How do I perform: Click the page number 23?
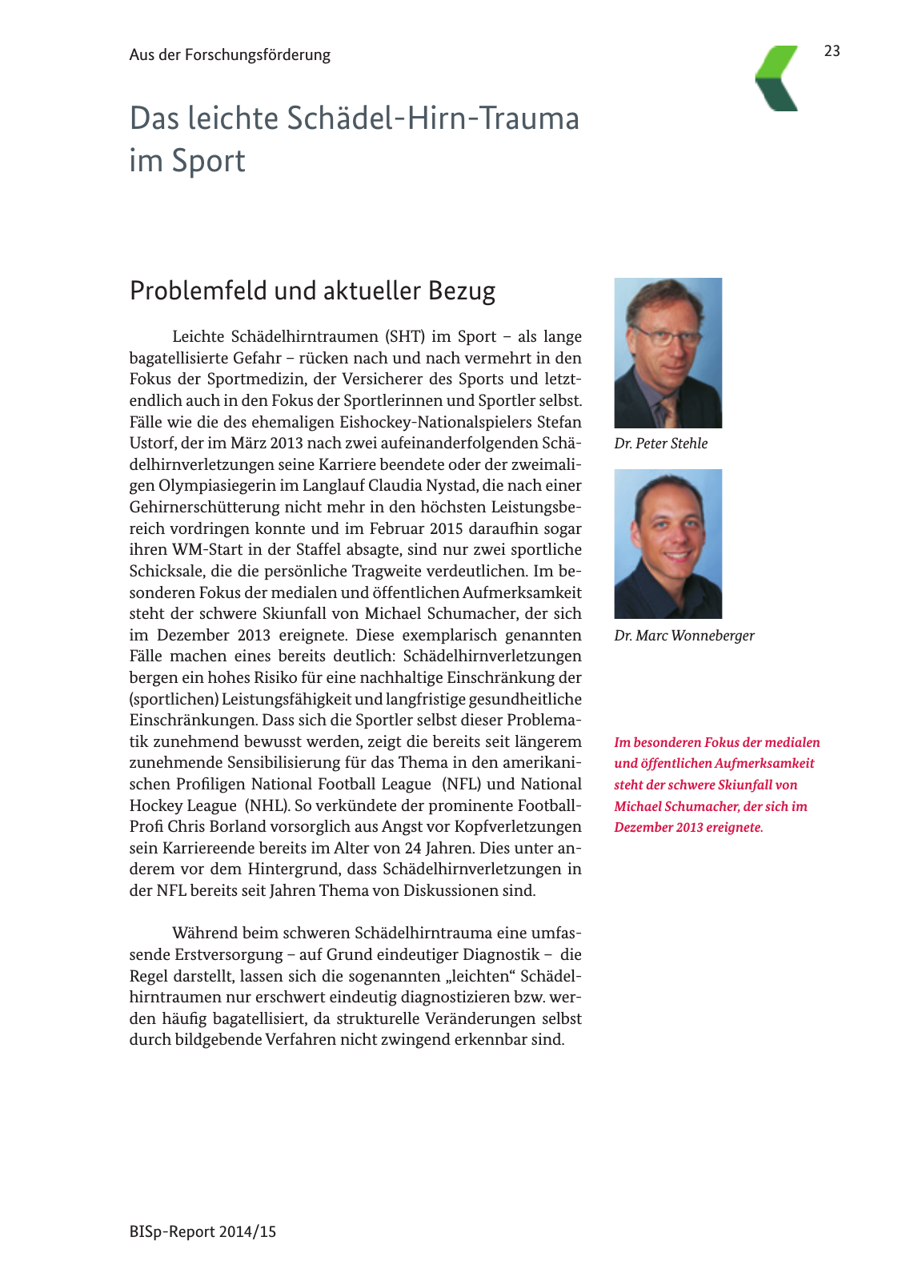(832, 51)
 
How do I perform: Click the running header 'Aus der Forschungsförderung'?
(230, 55)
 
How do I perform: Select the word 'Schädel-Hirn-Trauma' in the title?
(433, 118)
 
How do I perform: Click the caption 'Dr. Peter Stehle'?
(661, 444)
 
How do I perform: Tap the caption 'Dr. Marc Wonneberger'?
(684, 636)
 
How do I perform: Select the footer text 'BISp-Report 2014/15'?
(202, 1232)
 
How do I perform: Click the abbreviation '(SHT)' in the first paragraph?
(403, 337)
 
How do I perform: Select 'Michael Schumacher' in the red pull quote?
(671, 806)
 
